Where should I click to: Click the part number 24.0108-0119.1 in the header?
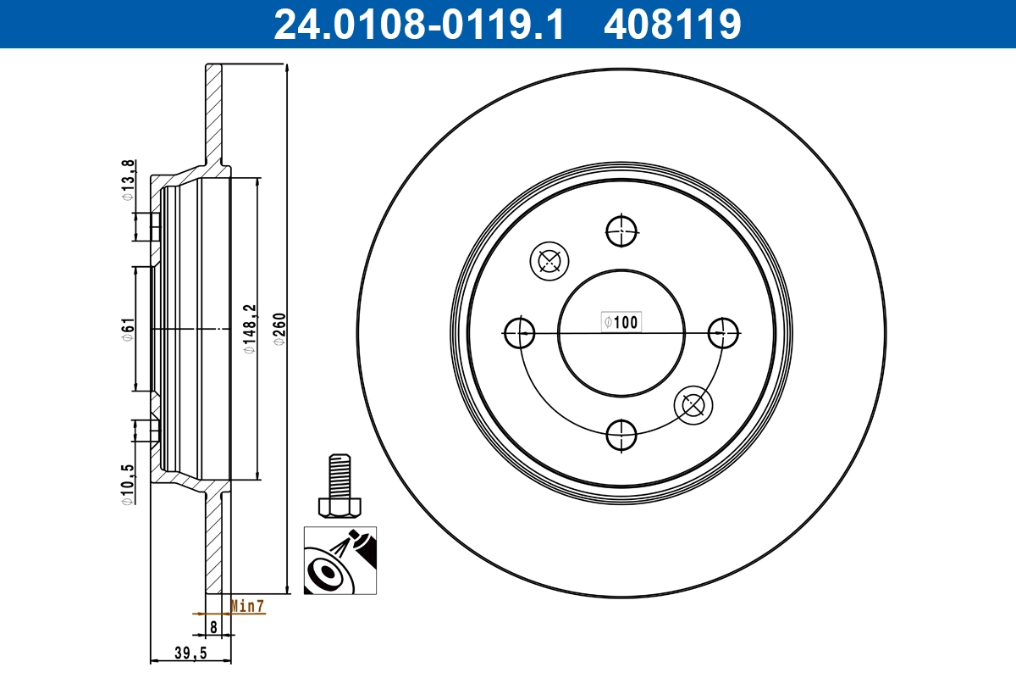point(418,25)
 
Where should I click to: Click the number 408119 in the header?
point(672,25)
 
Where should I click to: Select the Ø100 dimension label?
point(621,321)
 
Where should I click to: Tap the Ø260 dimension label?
point(279,329)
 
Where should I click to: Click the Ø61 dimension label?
point(127,329)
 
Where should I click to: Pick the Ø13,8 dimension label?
point(127,181)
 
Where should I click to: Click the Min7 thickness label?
point(248,606)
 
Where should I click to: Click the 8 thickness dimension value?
point(214,628)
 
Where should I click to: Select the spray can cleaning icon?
point(340,560)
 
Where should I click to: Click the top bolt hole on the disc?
point(621,230)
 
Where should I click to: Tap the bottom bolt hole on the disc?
point(621,435)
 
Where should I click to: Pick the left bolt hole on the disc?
point(518,332)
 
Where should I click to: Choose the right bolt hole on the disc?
point(723,332)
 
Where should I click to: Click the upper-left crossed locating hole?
point(548,261)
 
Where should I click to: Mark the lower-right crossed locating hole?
point(693,406)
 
